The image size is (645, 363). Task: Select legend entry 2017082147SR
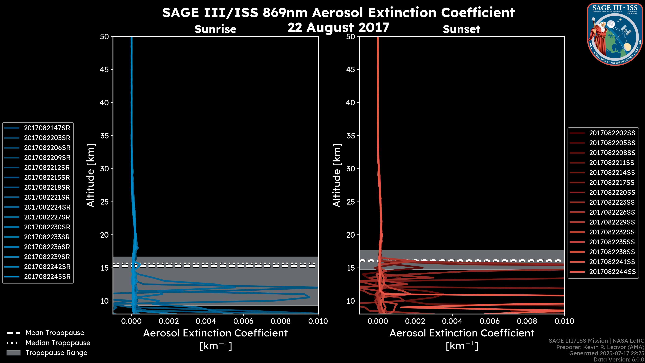(47, 128)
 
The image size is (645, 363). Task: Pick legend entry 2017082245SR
(47, 277)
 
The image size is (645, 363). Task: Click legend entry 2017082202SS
(612, 133)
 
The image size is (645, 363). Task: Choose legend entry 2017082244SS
(612, 272)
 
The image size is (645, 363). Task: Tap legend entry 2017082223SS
(612, 202)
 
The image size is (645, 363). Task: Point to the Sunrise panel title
(215, 29)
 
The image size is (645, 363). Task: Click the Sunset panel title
(461, 29)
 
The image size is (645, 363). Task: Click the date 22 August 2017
(338, 28)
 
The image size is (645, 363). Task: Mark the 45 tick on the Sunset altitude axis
(351, 70)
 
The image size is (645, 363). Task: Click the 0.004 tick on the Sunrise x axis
(206, 321)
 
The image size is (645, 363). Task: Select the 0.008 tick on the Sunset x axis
(527, 321)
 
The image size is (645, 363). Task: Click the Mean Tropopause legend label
(55, 333)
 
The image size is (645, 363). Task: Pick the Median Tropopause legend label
(58, 343)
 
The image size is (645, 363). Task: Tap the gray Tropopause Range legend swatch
(13, 353)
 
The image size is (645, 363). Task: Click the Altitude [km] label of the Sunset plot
(337, 175)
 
